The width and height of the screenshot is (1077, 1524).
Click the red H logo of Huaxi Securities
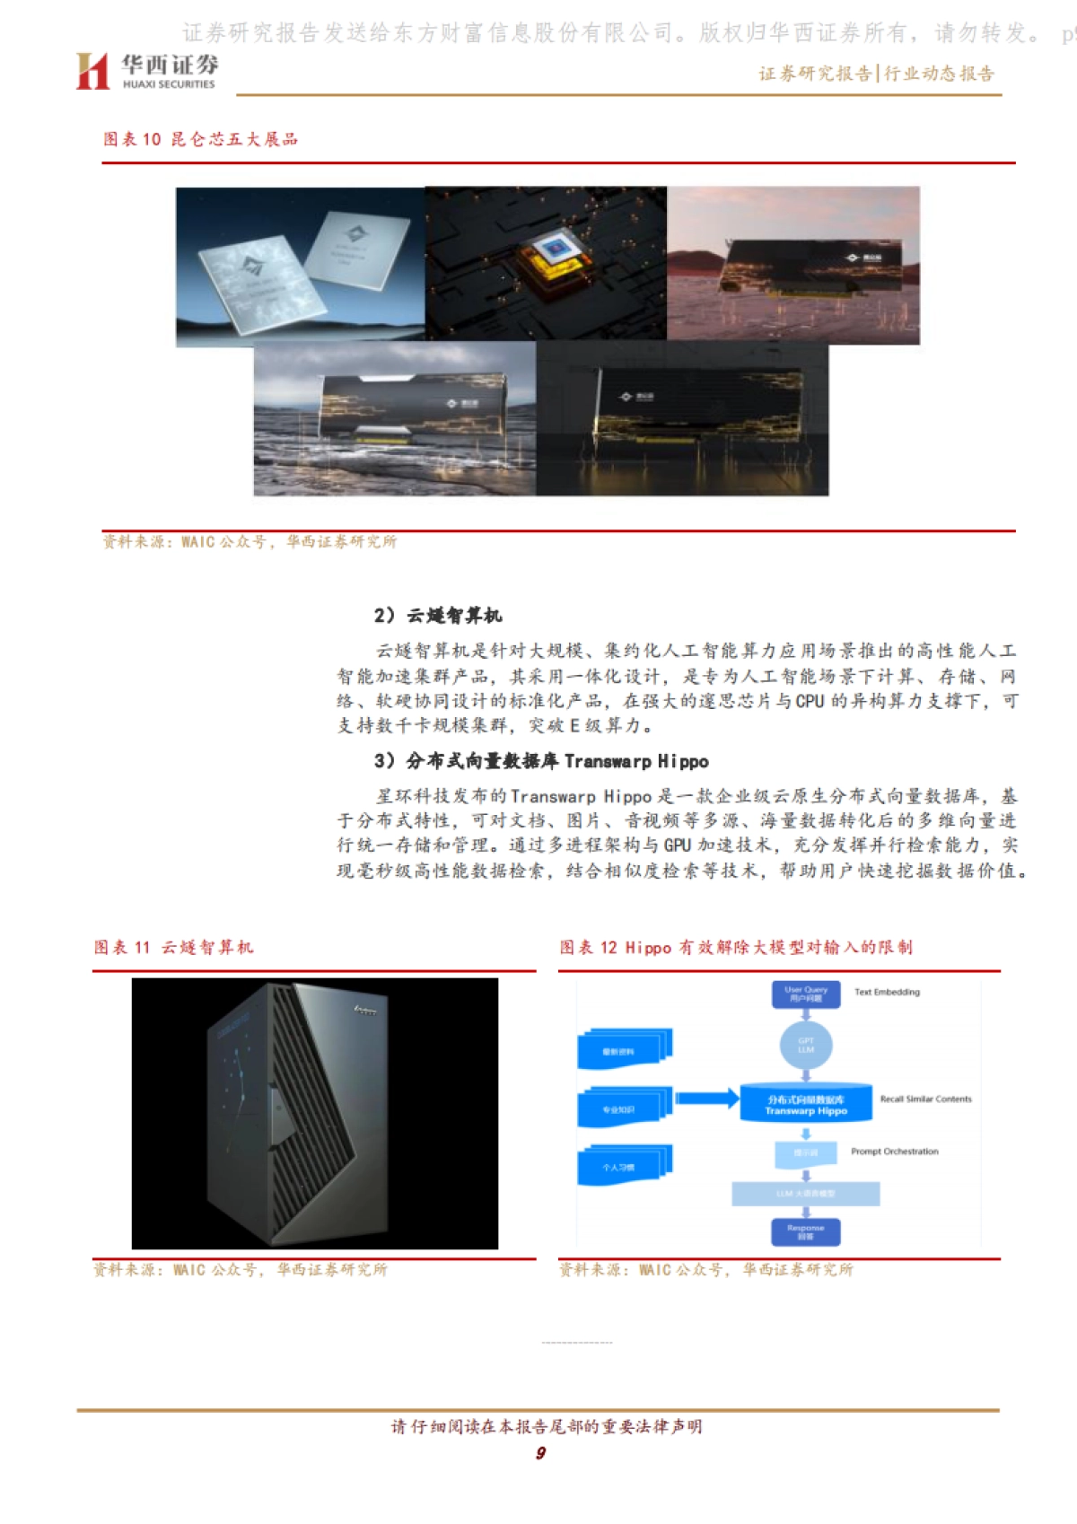pos(92,71)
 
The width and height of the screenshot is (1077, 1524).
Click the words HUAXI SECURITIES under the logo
pos(169,84)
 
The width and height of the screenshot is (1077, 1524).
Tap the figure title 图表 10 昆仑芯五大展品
pos(200,139)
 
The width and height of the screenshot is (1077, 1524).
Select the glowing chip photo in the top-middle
pos(546,263)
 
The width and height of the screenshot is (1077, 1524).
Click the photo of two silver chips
pos(300,267)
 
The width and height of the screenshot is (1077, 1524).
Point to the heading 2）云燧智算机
pos(438,616)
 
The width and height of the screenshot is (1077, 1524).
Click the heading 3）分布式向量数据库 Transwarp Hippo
pos(541,761)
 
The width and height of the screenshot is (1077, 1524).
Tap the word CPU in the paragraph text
pos(810,701)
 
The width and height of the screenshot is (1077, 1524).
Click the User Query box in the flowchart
pos(806,994)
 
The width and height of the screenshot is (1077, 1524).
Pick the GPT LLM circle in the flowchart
pos(806,1045)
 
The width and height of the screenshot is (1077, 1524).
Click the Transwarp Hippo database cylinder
pos(806,1104)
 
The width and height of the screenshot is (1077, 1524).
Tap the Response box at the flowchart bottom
pos(806,1231)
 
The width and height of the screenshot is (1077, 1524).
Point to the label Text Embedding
pos(887,993)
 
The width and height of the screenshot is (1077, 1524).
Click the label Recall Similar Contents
pos(925,1099)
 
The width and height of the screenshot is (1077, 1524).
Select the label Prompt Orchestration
pos(895,1152)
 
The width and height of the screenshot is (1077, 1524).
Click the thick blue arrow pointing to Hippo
pos(706,1098)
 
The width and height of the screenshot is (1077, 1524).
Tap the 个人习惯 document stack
pos(623,1165)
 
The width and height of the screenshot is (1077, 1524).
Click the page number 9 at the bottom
pos(540,1453)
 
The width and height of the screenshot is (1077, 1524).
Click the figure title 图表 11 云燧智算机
pos(174,948)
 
